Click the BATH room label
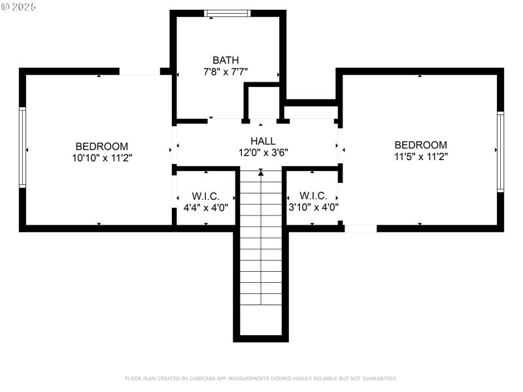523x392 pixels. click(x=226, y=60)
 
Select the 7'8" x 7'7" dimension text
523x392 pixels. click(x=226, y=72)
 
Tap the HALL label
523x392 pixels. click(x=263, y=140)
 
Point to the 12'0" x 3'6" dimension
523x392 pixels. click(x=263, y=152)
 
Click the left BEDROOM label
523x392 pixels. click(x=101, y=146)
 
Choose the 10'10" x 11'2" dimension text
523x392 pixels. click(x=101, y=157)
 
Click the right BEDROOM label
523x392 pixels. click(x=420, y=145)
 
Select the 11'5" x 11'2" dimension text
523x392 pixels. click(x=420, y=156)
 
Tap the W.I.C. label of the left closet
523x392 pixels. click(x=205, y=196)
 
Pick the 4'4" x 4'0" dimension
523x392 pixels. click(x=205, y=208)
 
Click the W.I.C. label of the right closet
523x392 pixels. click(x=312, y=195)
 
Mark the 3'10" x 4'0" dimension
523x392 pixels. click(x=312, y=207)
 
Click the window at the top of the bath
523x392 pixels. click(x=227, y=13)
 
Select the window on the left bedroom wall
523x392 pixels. click(x=22, y=147)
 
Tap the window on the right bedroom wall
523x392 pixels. click(x=501, y=152)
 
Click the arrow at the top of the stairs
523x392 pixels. click(x=261, y=172)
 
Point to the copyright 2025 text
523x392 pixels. click(x=19, y=6)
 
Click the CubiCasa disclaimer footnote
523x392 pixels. click(x=261, y=378)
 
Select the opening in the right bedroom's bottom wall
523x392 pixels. click(x=360, y=229)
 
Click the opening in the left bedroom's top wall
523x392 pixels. click(x=139, y=71)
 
